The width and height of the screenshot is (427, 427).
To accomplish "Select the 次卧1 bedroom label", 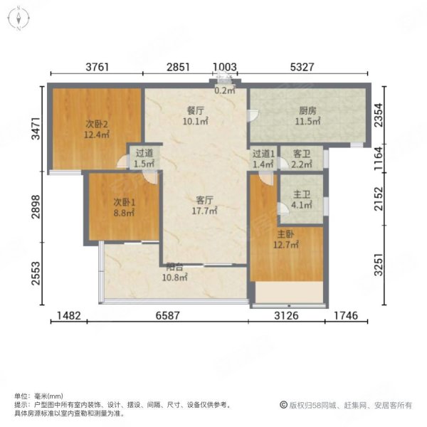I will click(x=125, y=201).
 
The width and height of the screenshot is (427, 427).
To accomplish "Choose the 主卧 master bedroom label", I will click(x=288, y=234).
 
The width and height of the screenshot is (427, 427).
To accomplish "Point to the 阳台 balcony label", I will click(x=175, y=266).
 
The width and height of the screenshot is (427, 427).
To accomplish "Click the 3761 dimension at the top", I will click(x=97, y=68).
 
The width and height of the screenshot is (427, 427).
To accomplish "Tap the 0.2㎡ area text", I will click(x=225, y=90).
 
